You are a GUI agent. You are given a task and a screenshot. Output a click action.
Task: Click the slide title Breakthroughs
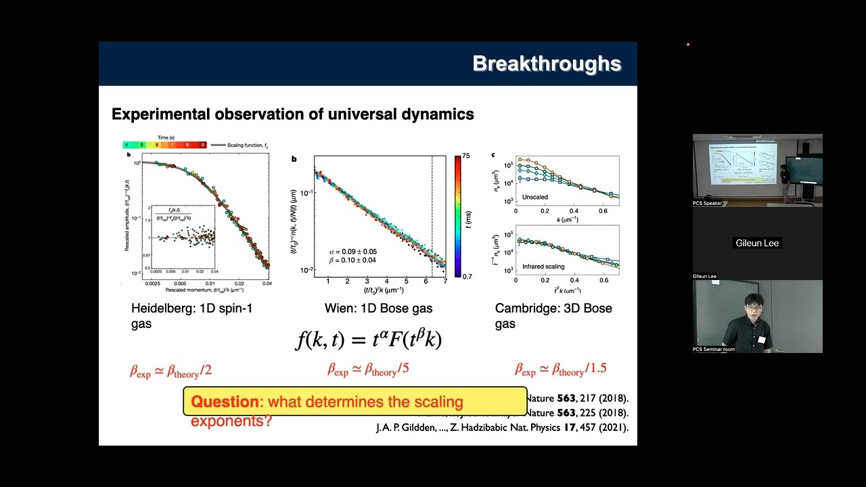[547, 64]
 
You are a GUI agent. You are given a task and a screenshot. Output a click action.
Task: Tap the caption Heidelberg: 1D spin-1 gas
[191, 315]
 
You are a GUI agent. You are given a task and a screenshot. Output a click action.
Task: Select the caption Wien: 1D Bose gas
[378, 308]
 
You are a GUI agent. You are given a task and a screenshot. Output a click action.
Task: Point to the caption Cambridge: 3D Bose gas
[553, 315]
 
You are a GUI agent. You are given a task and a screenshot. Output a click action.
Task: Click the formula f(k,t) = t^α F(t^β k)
[369, 339]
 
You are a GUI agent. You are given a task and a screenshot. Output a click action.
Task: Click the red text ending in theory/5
[369, 369]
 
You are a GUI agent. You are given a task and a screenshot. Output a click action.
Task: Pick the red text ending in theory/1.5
[560, 369]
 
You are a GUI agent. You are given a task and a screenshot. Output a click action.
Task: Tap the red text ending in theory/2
[170, 371]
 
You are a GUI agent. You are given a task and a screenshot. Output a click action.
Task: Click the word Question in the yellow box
[225, 402]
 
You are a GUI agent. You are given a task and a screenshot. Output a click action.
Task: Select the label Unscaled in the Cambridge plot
[535, 197]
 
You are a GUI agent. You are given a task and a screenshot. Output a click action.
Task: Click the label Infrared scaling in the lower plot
[543, 267]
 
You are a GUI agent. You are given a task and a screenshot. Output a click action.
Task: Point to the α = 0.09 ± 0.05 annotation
[352, 252]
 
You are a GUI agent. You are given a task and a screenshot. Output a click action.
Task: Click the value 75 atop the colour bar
[466, 156]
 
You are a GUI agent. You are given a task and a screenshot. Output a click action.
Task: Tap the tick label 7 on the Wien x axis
[445, 281]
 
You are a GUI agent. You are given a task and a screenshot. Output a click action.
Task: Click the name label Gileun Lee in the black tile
[757, 243]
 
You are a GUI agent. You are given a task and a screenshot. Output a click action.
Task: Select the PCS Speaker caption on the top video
[707, 203]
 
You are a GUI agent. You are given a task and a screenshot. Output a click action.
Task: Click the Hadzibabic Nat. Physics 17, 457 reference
[502, 427]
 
